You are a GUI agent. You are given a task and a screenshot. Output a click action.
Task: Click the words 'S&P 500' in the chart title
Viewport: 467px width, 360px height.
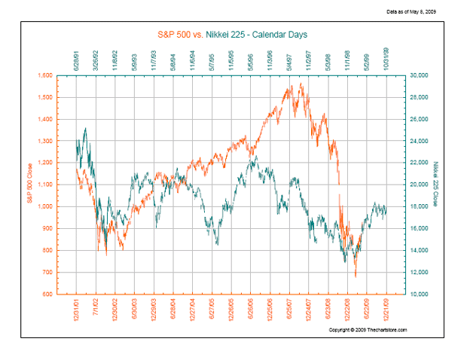(176, 35)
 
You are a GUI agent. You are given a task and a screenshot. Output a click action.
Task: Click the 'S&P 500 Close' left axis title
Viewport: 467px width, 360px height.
(31, 185)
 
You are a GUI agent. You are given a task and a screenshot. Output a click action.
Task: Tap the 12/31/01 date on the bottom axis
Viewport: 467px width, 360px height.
(77, 310)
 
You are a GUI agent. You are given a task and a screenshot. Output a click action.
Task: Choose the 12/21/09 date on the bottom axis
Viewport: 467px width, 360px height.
(387, 310)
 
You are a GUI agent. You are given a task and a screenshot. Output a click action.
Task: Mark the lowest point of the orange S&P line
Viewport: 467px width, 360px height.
(356, 276)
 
